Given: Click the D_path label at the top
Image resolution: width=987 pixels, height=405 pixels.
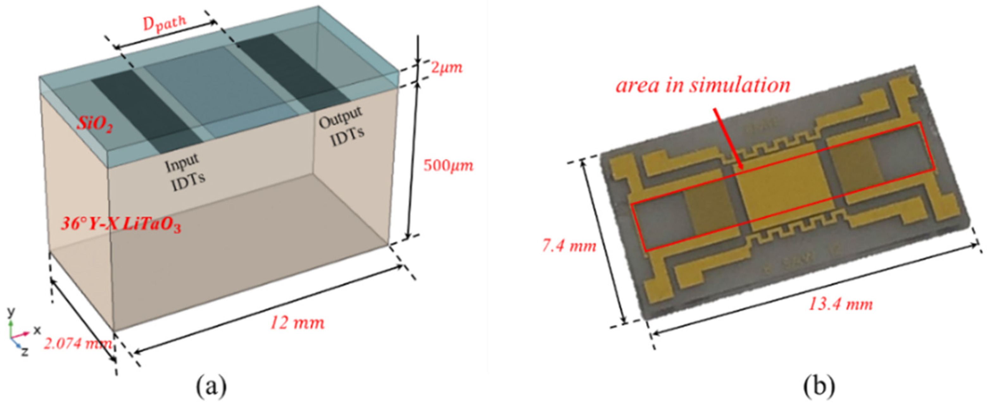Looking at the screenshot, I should tap(164, 24).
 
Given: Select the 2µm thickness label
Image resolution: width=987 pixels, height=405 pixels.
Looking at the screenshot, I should tap(447, 68).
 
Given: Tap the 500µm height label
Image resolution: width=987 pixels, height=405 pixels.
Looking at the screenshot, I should tap(448, 166).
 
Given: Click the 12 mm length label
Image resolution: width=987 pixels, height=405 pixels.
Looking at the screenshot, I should tap(297, 323).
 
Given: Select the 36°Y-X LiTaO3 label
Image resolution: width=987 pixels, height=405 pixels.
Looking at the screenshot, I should tap(121, 225).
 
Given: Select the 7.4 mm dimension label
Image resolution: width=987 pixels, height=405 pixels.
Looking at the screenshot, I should tap(569, 245).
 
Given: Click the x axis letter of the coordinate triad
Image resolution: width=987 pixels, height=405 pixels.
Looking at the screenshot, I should tap(37, 330).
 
